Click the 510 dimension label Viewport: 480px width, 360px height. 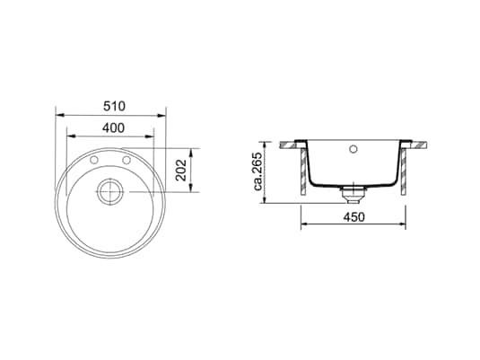114,106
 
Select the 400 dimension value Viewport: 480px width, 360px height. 113,128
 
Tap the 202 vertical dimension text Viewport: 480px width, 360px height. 181,170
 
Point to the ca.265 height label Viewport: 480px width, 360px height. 258,171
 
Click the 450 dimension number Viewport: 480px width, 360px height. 353,217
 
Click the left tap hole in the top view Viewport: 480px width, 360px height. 94,160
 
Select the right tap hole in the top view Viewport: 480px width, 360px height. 127,160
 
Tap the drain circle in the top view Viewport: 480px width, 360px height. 110,192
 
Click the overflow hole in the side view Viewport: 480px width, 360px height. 353,149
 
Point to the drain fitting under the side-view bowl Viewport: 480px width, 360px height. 353,194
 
